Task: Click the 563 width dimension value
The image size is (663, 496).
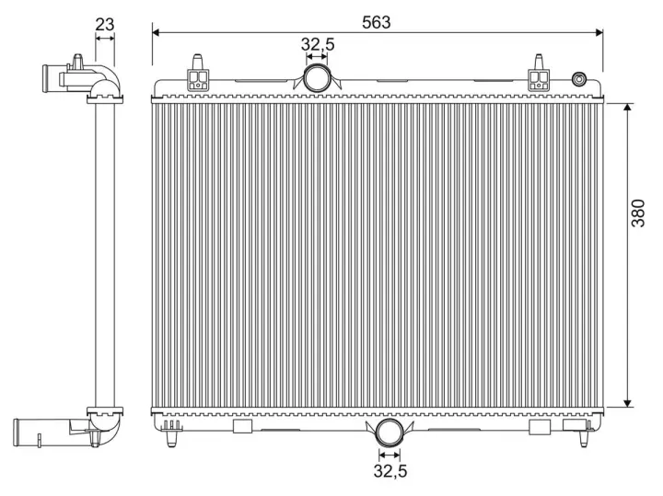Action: [376, 22]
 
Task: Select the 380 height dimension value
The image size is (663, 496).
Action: [638, 213]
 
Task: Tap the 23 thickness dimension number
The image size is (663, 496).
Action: [105, 24]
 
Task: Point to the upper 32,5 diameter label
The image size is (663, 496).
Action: [317, 42]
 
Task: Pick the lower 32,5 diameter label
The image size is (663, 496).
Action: [390, 472]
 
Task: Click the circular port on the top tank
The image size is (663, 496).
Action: [317, 77]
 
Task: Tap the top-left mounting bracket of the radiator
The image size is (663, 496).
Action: [197, 76]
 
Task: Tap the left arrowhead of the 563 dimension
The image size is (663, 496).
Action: [156, 32]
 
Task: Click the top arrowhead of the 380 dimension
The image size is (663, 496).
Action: [628, 108]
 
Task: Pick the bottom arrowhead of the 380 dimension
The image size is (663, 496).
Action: [628, 401]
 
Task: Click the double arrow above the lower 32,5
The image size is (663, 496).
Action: [390, 454]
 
